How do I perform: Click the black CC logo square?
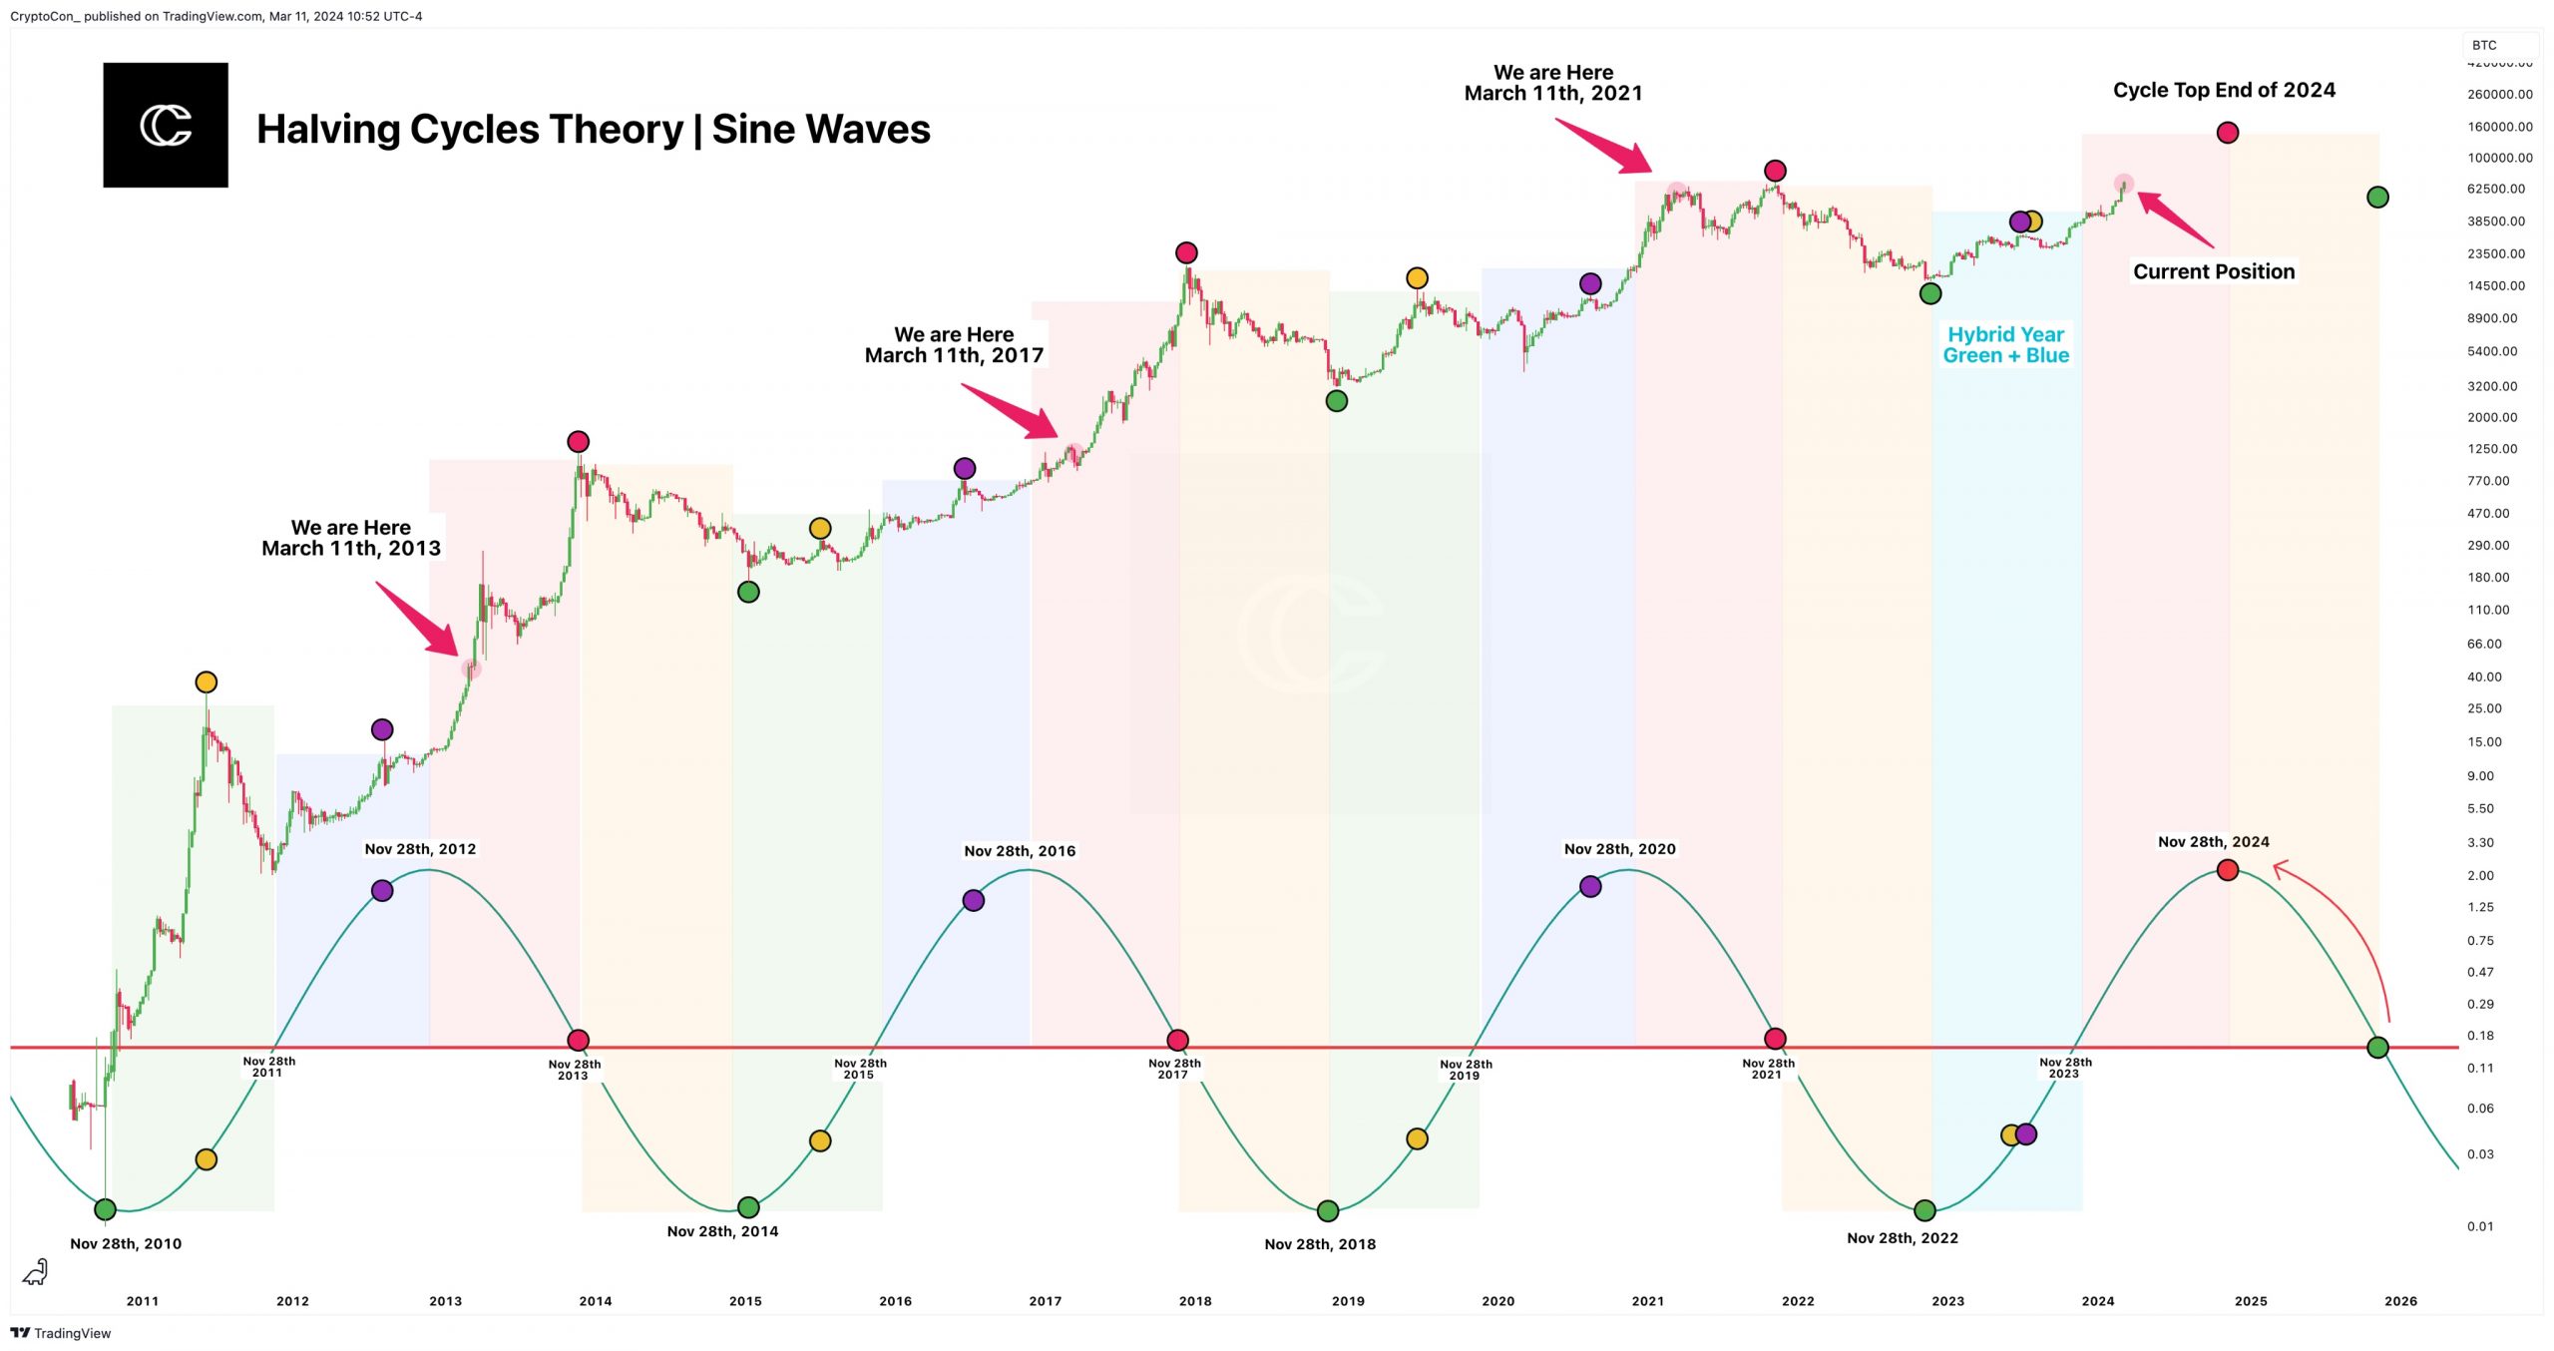(166, 125)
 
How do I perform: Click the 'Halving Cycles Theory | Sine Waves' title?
(593, 130)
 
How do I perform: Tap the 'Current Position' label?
(2213, 271)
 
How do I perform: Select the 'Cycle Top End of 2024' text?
(2224, 90)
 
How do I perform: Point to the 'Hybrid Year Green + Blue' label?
(2005, 345)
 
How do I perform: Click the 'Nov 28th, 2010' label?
(126, 1243)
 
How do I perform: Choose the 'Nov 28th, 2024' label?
(2213, 842)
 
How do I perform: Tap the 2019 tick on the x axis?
(1348, 1301)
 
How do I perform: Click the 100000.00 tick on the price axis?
(2499, 158)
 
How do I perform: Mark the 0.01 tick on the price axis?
(2480, 1226)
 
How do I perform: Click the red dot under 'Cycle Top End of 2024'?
(2227, 133)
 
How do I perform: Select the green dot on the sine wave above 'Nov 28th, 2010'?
(105, 1209)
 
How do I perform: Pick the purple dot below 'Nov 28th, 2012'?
(382, 891)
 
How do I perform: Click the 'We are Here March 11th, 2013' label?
(351, 538)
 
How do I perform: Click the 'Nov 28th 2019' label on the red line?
(1466, 1070)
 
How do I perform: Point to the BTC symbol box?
(2484, 45)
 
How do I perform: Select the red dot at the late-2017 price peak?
(1186, 252)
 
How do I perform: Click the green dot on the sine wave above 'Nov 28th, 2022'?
(1924, 1210)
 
